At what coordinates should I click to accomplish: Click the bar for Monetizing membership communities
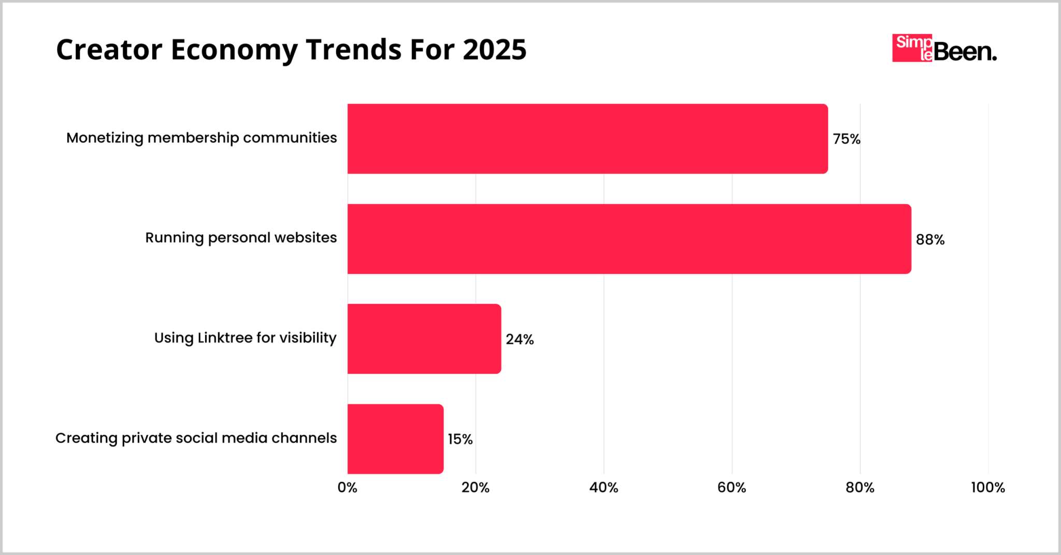click(587, 139)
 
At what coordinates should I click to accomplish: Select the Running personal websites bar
click(629, 239)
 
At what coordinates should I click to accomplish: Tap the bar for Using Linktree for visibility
click(424, 339)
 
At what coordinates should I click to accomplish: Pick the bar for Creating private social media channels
click(395, 439)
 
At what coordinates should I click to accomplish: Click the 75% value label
click(847, 139)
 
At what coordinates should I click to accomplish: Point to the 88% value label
click(930, 239)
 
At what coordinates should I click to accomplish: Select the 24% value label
click(520, 339)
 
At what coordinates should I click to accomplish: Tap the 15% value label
click(460, 439)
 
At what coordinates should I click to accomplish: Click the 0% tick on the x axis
click(348, 488)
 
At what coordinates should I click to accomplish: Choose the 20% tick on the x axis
click(476, 488)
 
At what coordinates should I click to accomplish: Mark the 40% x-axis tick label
click(604, 488)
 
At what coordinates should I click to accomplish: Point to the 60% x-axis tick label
click(732, 488)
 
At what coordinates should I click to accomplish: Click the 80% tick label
click(860, 488)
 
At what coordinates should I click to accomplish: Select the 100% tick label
click(987, 488)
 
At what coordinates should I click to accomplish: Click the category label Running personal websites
click(241, 238)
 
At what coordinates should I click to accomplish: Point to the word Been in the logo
click(965, 52)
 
